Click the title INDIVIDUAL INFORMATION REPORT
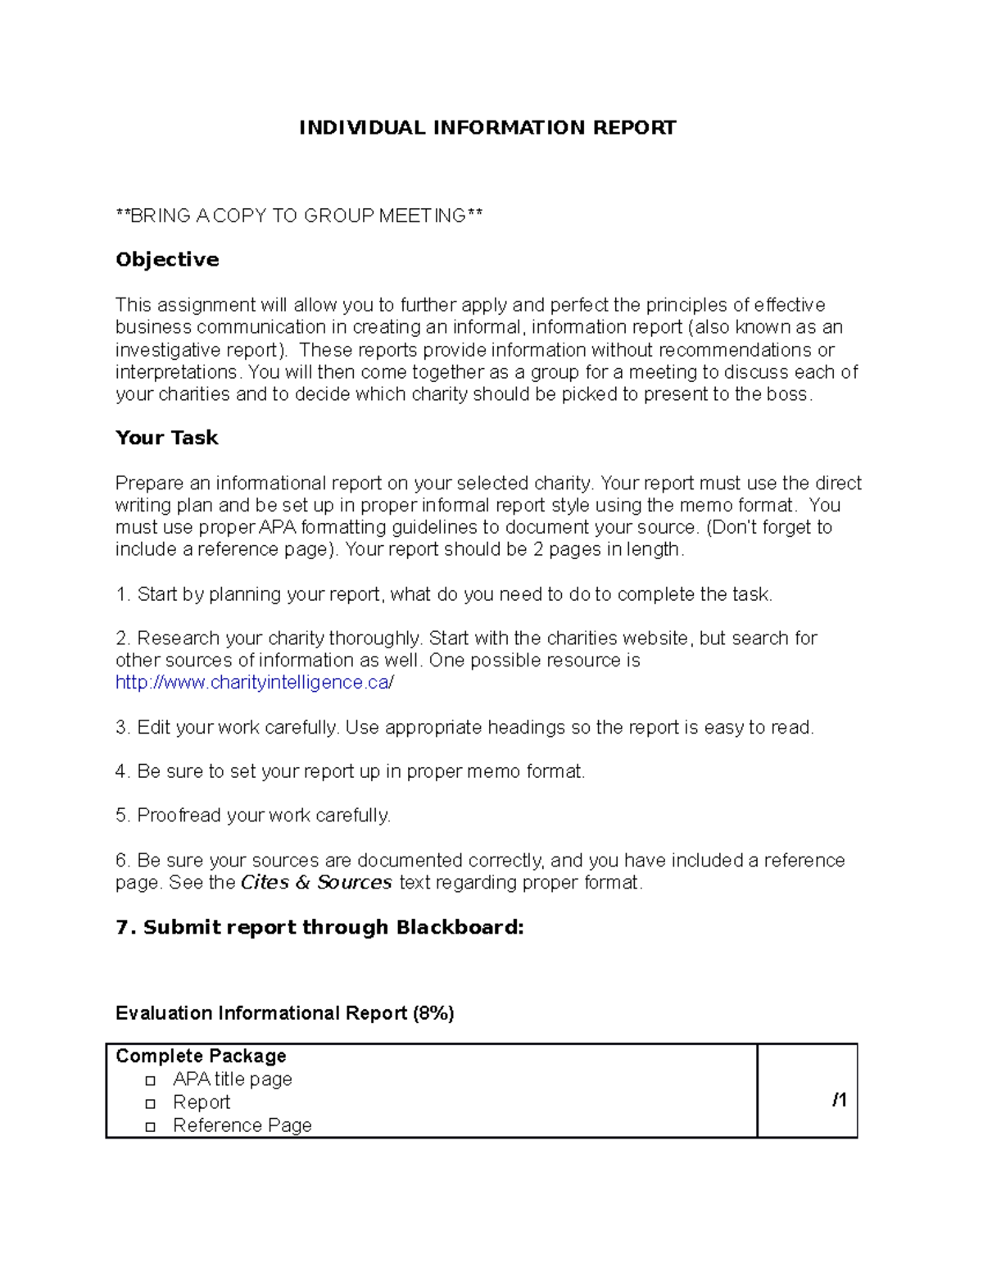[487, 128]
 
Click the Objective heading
[167, 260]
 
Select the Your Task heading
[167, 438]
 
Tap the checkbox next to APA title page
[150, 1081]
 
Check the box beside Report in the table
[150, 1104]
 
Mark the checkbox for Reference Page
[150, 1127]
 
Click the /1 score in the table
[839, 1100]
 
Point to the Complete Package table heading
[201, 1056]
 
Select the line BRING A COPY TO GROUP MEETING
[299, 216]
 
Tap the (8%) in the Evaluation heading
[433, 1013]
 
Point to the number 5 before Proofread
[121, 816]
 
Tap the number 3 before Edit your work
[121, 728]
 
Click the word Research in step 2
[172, 639]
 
